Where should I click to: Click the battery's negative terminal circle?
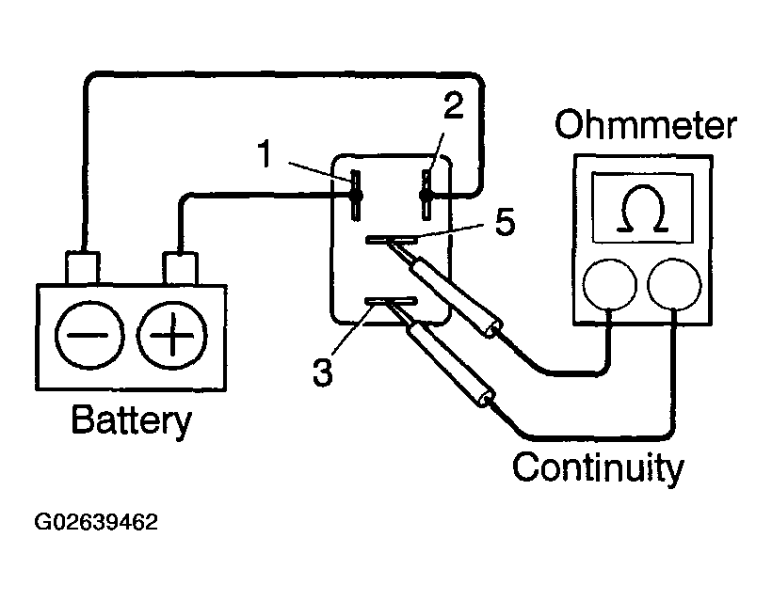pos(89,335)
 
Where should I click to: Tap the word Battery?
pos(132,420)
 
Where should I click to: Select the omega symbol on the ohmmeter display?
pos(642,208)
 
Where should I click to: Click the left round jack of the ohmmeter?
pos(609,285)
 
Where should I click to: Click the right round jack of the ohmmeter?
pos(674,285)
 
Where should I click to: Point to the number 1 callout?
pos(265,153)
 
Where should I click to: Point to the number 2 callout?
pos(454,105)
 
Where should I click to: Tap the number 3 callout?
pos(323,372)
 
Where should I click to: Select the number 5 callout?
pos(506,222)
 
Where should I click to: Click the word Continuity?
pos(598,467)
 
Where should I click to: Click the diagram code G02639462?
pos(96,522)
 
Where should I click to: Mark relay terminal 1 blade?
pos(356,196)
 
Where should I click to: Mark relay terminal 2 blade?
pos(426,195)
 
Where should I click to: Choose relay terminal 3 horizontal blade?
pos(391,301)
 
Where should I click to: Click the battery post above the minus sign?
pos(83,268)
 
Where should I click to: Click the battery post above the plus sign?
pos(180,268)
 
